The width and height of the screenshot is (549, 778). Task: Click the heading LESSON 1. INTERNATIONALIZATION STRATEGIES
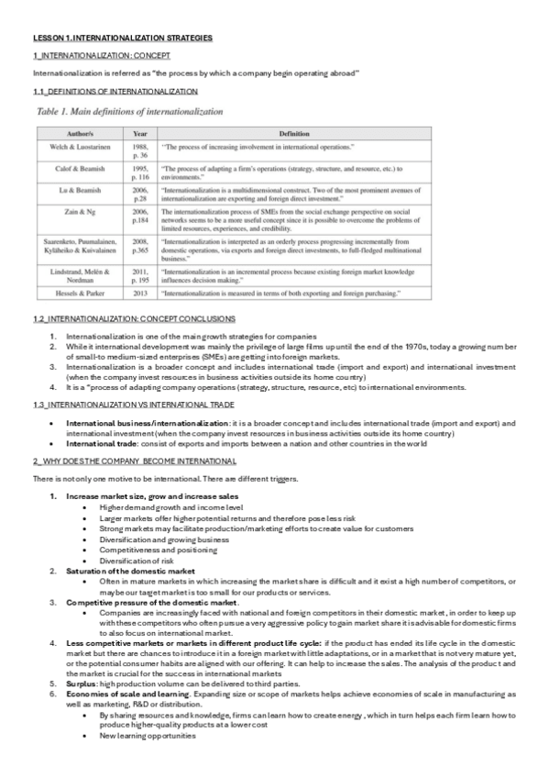[122, 38]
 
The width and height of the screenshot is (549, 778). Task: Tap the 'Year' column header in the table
[139, 133]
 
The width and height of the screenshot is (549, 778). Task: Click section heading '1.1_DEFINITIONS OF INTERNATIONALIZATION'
[115, 92]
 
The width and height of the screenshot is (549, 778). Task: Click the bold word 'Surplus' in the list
[82, 684]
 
